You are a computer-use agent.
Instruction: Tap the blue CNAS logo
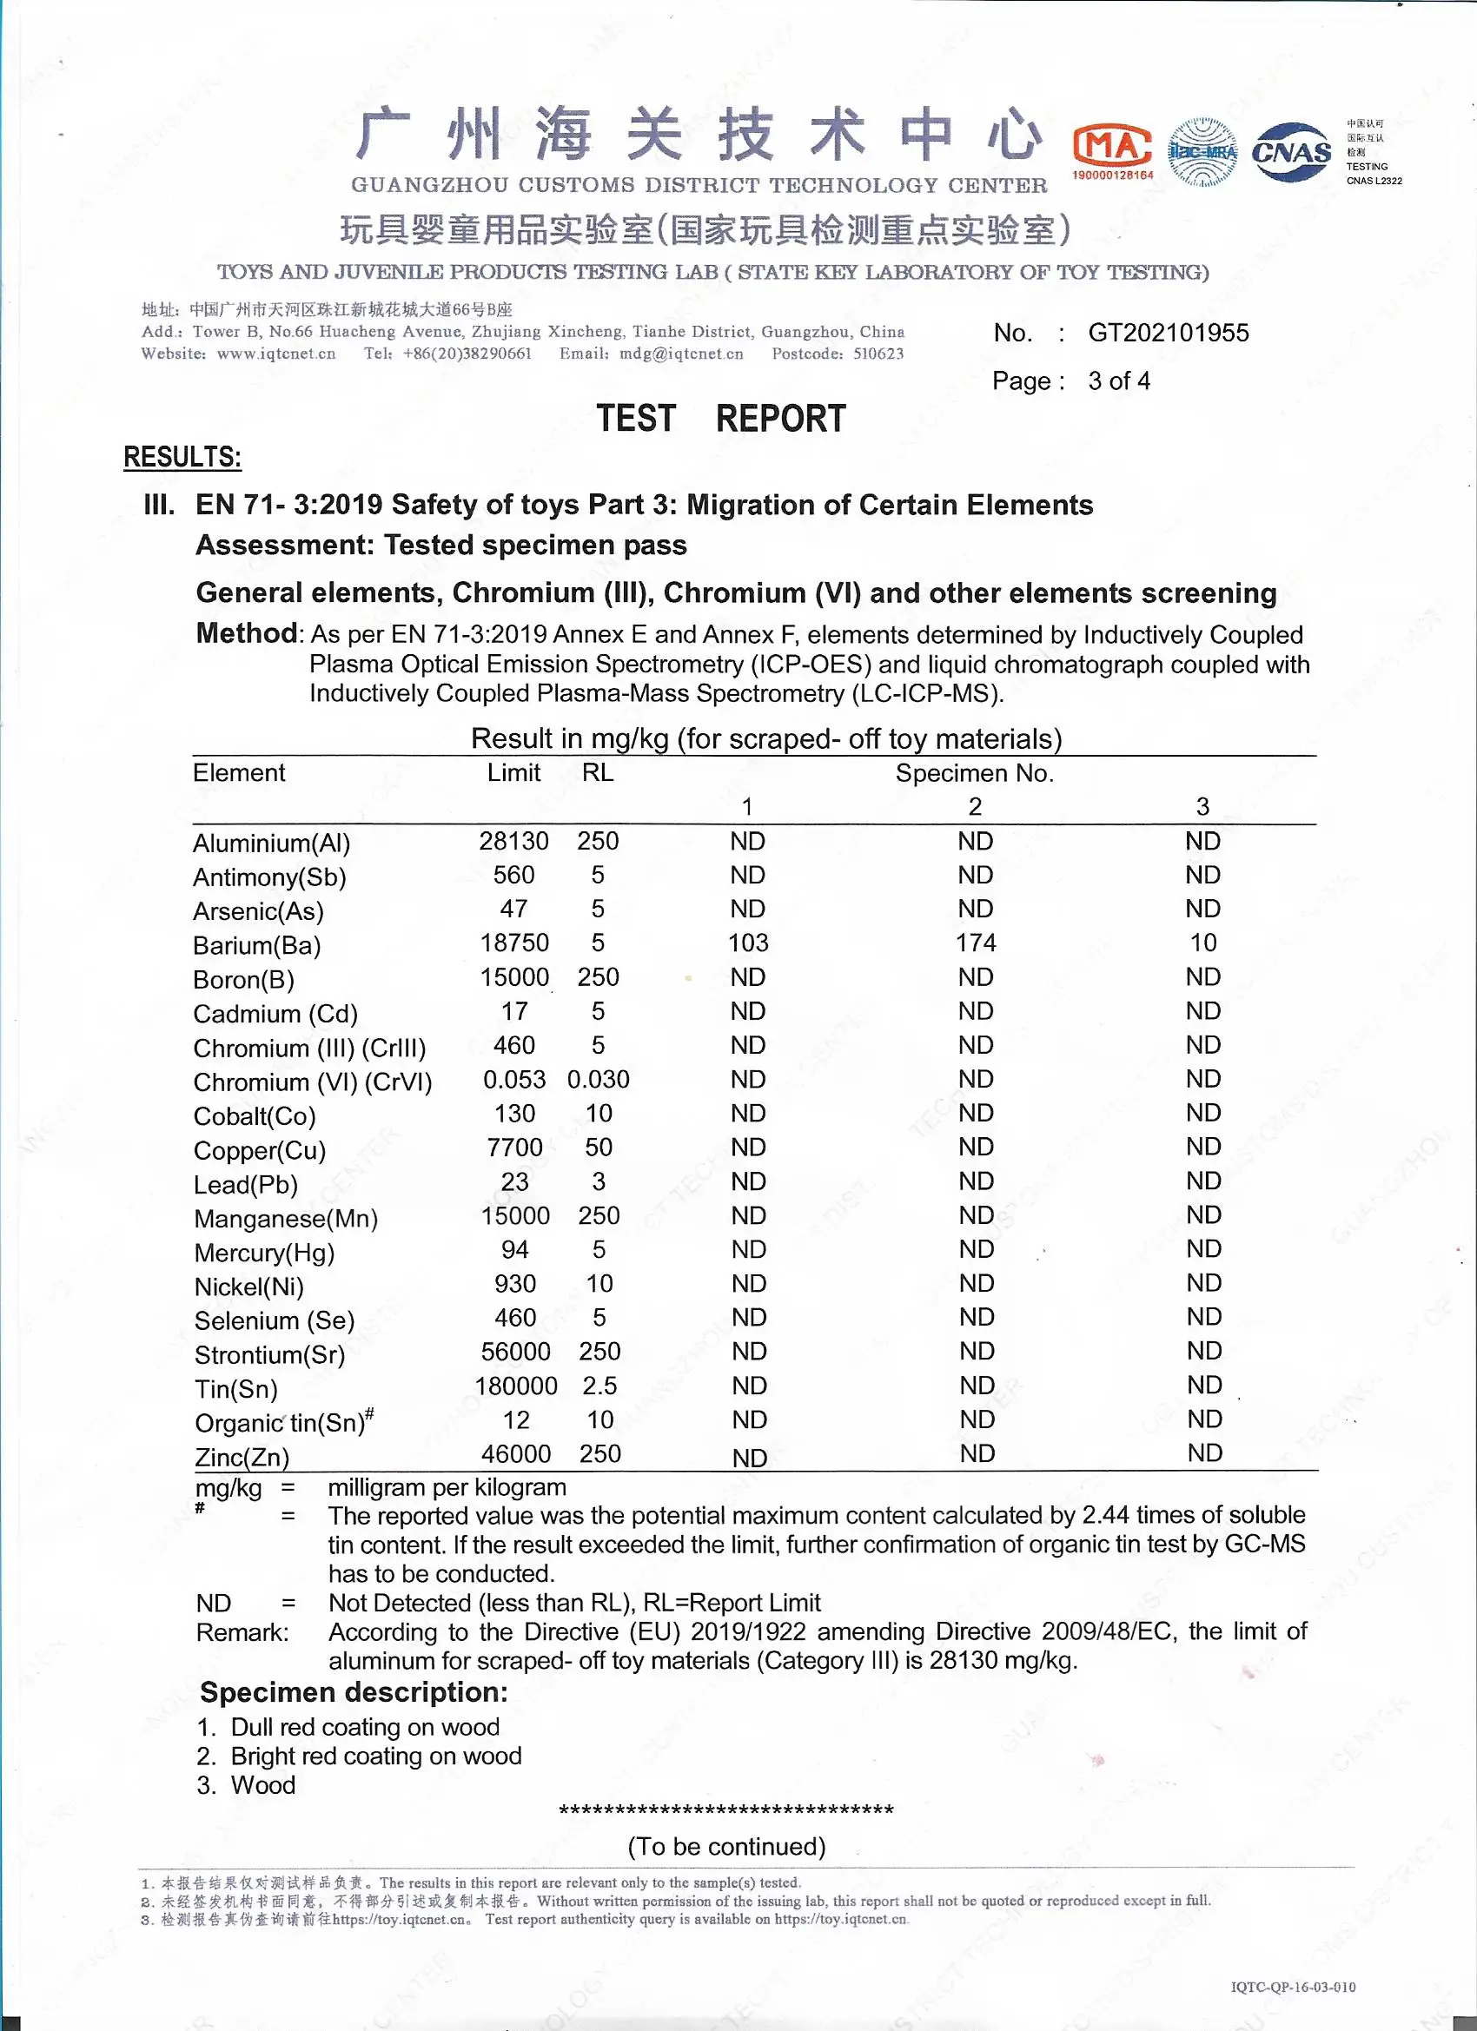[x=1292, y=152]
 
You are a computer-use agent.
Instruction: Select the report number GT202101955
[x=1168, y=333]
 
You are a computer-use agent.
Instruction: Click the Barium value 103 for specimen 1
[x=748, y=943]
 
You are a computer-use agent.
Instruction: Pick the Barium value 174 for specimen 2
[x=976, y=943]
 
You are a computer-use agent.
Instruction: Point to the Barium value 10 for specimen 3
[x=1203, y=943]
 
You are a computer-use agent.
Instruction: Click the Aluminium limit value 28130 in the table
[x=513, y=841]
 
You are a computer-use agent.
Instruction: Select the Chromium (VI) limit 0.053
[x=514, y=1079]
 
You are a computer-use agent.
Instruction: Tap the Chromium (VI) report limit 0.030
[x=599, y=1079]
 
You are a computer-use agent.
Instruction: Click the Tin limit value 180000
[x=516, y=1386]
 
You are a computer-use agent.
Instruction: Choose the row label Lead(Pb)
[x=245, y=1185]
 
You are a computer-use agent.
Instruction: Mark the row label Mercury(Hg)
[x=264, y=1253]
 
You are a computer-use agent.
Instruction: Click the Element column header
[x=239, y=773]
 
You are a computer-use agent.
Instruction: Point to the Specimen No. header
[x=975, y=774]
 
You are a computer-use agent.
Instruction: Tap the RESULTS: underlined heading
[x=182, y=458]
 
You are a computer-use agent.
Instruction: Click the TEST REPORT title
[x=721, y=419]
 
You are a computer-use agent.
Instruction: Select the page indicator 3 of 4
[x=1119, y=381]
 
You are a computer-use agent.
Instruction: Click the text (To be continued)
[x=726, y=1847]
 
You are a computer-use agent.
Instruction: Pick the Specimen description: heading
[x=354, y=1692]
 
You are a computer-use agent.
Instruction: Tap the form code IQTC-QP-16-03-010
[x=1293, y=1987]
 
